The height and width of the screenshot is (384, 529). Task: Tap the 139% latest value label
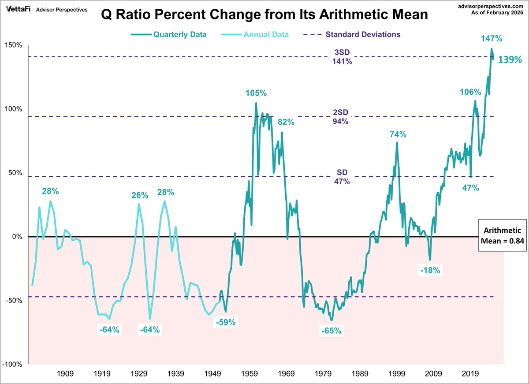click(x=510, y=60)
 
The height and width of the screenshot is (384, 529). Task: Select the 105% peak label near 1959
click(x=257, y=93)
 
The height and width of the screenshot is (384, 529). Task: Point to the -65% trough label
click(x=332, y=330)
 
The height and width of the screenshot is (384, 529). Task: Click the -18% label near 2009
click(x=430, y=270)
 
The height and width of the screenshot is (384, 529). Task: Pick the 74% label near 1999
click(x=398, y=134)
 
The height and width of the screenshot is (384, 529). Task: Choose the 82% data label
click(x=286, y=122)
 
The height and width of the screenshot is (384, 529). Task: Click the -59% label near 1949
click(x=226, y=322)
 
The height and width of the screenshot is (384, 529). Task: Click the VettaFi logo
click(x=17, y=9)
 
